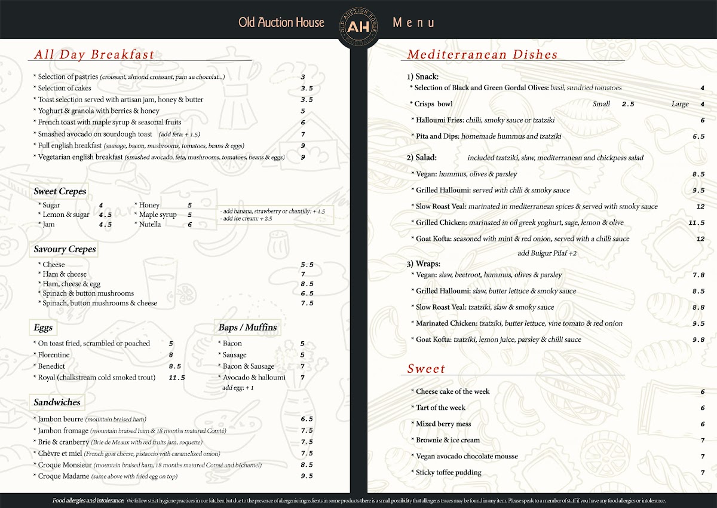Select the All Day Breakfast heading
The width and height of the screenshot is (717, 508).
pyautogui.click(x=94, y=55)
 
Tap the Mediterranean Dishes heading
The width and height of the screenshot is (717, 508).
pyautogui.click(x=482, y=55)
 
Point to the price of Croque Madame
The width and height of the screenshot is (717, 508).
pyautogui.click(x=307, y=476)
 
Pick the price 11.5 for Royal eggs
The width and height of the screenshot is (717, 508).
pyautogui.click(x=177, y=378)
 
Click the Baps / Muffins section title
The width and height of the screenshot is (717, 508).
pyautogui.click(x=247, y=328)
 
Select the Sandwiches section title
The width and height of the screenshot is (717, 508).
pyautogui.click(x=57, y=402)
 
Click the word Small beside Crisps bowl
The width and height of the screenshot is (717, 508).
pyautogui.click(x=601, y=104)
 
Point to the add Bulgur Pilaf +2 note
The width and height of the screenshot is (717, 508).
pyautogui.click(x=547, y=253)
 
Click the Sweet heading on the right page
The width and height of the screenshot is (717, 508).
pyautogui.click(x=426, y=369)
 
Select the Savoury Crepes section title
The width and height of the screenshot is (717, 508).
pyautogui.click(x=65, y=249)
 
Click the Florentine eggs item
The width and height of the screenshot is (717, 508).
pyautogui.click(x=53, y=355)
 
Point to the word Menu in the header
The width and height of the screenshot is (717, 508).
pyautogui.click(x=413, y=23)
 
